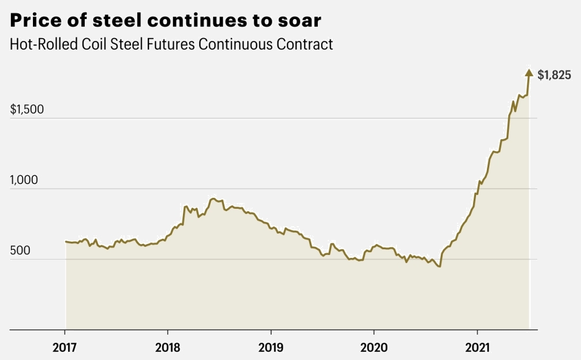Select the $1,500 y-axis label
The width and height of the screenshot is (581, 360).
click(x=27, y=110)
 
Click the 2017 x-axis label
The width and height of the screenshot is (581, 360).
click(x=64, y=348)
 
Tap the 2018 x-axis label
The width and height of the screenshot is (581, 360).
click(x=167, y=348)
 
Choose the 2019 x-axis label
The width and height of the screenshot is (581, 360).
click(x=271, y=348)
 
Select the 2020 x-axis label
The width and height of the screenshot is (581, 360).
click(x=374, y=348)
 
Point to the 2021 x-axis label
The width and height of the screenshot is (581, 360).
click(x=477, y=348)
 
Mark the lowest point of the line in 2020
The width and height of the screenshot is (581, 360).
click(x=440, y=267)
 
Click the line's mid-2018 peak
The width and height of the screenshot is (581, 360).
click(x=213, y=198)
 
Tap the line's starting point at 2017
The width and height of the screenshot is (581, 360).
click(x=65, y=241)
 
